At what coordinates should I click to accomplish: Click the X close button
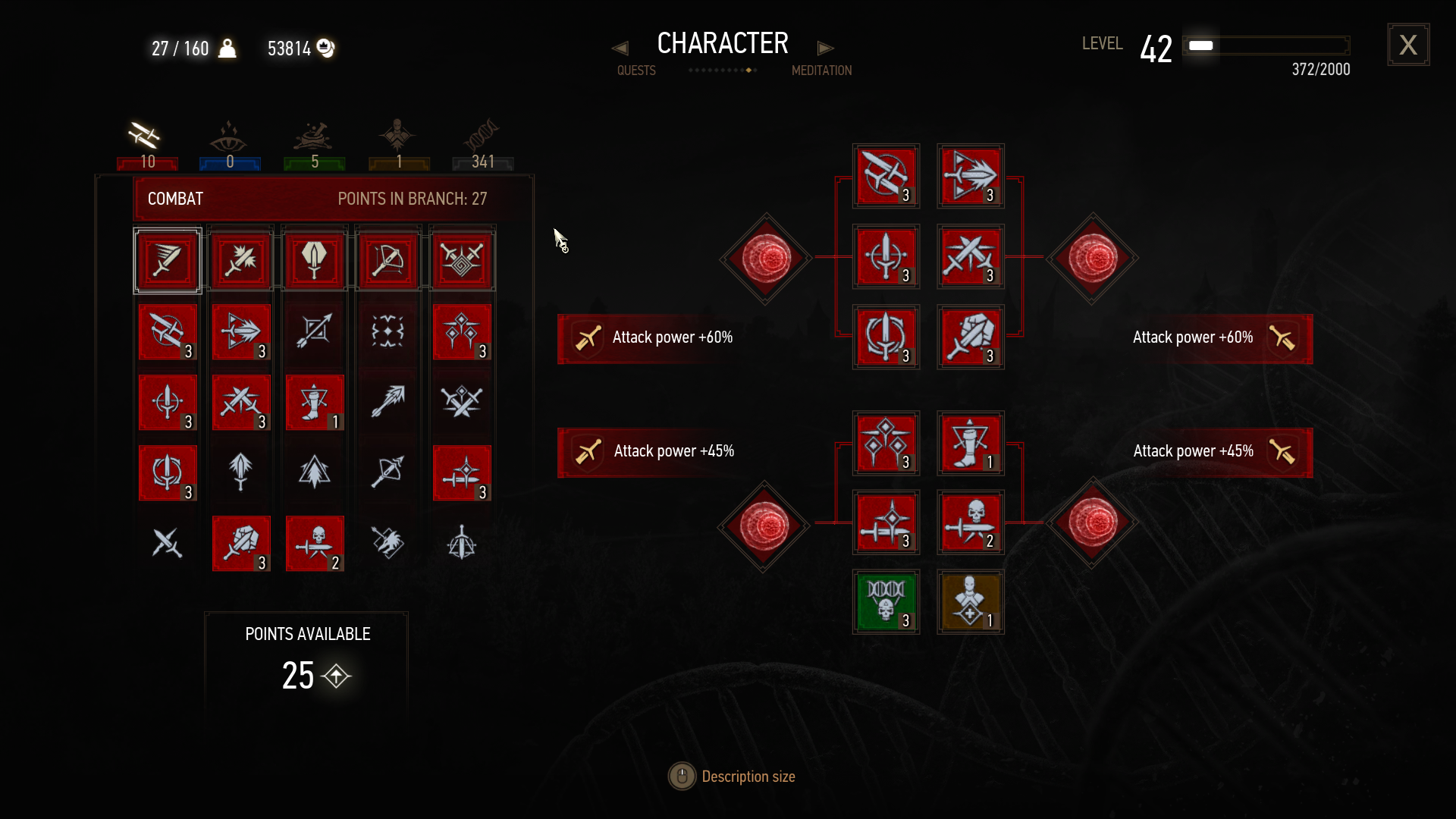click(1408, 45)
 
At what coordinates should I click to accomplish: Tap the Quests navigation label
click(636, 71)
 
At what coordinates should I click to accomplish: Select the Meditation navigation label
click(821, 71)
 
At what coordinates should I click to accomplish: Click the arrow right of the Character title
click(825, 49)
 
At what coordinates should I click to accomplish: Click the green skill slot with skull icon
click(886, 602)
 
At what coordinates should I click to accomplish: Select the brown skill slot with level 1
click(970, 602)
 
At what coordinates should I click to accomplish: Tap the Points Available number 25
click(298, 676)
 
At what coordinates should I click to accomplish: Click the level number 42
click(1156, 49)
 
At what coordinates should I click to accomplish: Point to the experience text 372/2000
click(1320, 70)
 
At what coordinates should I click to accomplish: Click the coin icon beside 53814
click(325, 49)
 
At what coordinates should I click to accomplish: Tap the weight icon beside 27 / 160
click(227, 49)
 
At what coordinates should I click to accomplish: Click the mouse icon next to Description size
click(682, 777)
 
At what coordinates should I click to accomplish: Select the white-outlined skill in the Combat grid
click(168, 261)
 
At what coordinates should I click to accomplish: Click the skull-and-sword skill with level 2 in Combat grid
click(315, 544)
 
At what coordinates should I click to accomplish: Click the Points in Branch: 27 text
click(412, 199)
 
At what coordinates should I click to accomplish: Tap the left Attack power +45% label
click(673, 451)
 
